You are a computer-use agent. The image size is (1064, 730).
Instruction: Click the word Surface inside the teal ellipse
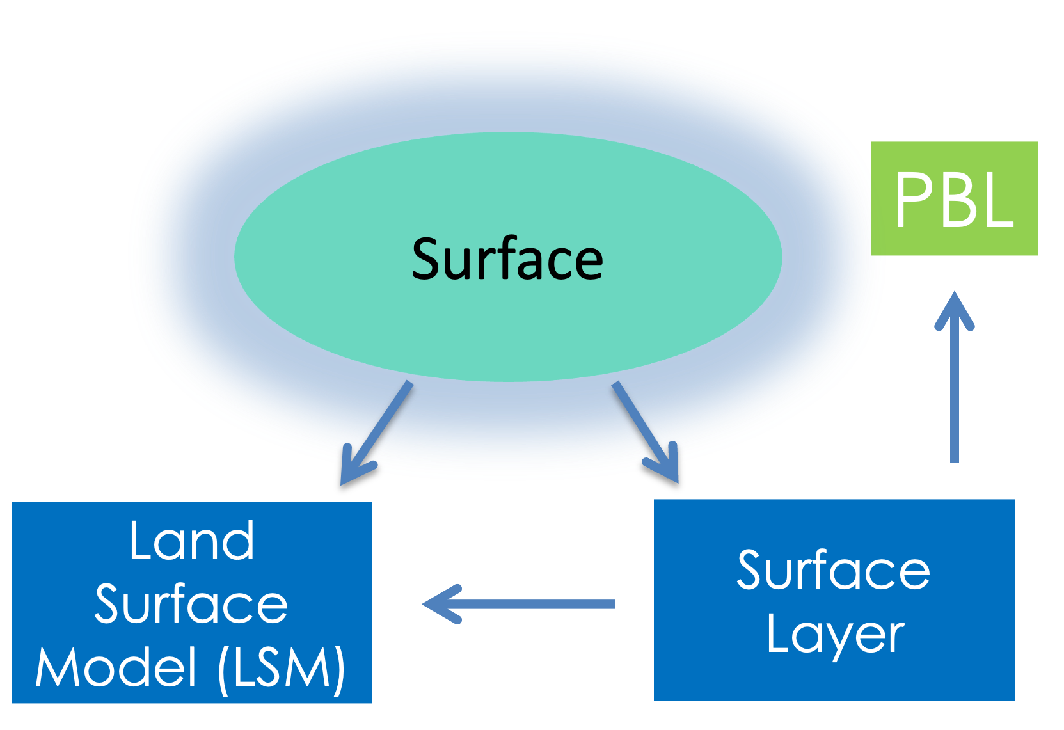pos(507,258)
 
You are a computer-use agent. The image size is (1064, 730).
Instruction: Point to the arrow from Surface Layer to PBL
pos(955,384)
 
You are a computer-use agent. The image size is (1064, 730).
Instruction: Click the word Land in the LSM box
pos(191,541)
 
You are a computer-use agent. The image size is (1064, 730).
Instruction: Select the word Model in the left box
pos(115,667)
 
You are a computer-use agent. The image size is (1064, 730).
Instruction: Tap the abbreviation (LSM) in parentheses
pos(282,668)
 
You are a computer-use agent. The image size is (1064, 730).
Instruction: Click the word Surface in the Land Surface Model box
pos(191,604)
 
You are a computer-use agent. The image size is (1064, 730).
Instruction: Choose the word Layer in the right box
pos(835,635)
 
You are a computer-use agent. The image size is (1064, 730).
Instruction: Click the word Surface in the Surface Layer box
pos(833,570)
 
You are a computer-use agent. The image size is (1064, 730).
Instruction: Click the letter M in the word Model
pos(56,667)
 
